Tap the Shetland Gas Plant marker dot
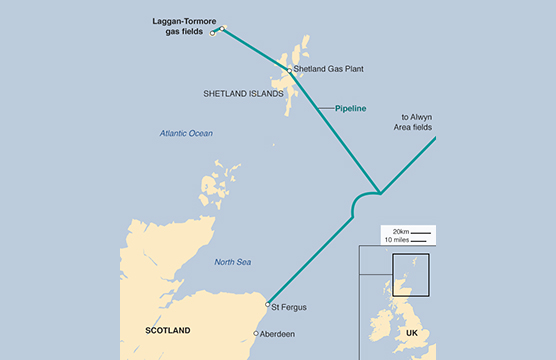[x=289, y=70]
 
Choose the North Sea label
[x=232, y=262]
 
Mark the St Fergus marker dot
[x=268, y=304]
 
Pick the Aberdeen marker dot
[x=257, y=333]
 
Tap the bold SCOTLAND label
[x=167, y=329]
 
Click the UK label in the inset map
[x=411, y=332]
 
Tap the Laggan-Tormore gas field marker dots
[x=218, y=30]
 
